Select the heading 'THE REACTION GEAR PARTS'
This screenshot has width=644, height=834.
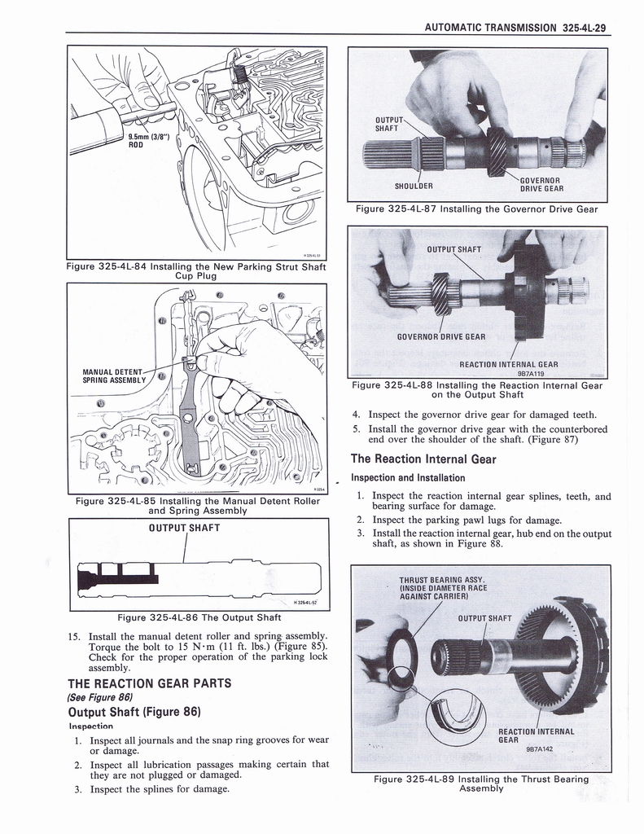[x=150, y=683]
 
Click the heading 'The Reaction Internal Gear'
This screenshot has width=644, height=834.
[x=423, y=459]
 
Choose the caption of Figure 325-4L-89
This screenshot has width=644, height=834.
[x=480, y=784]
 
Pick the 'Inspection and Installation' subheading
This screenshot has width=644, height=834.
[x=407, y=477]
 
